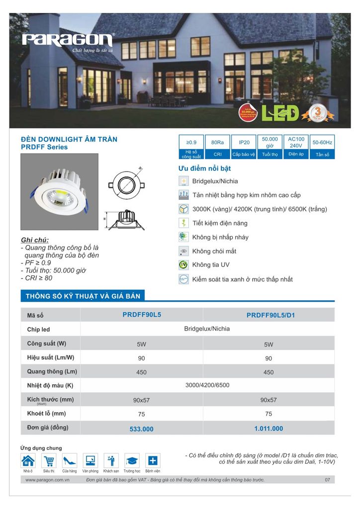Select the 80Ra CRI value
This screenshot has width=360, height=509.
[217, 143]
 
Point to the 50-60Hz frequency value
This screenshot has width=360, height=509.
[323, 143]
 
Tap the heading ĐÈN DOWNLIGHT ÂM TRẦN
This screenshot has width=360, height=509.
[69, 139]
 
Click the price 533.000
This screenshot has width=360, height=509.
[142, 429]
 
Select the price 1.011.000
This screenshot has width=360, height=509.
[269, 428]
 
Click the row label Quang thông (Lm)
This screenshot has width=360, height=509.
[52, 371]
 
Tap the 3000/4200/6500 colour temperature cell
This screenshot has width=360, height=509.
[207, 385]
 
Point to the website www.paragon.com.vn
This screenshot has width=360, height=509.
[47, 480]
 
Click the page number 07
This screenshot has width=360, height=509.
[327, 480]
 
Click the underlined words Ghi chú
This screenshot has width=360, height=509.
[35, 240]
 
